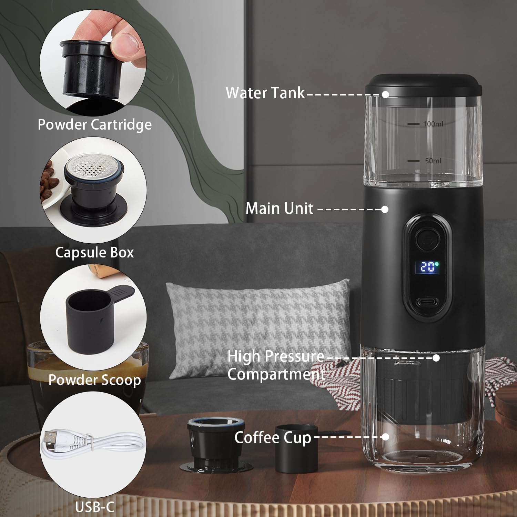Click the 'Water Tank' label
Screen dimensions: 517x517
point(265,93)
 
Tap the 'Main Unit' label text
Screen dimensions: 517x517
point(279,209)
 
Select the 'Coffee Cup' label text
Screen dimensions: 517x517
point(273,438)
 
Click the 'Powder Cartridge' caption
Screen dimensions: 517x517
point(94,124)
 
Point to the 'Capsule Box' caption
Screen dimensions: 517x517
point(94,252)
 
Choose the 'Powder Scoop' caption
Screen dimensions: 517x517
point(94,380)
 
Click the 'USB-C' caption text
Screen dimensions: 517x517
point(94,507)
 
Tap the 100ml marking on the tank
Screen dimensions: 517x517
point(433,124)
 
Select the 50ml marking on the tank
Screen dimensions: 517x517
point(433,161)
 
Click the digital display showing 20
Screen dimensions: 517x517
point(428,267)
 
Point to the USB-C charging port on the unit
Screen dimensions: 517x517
point(428,302)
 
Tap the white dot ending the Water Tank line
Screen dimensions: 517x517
point(386,94)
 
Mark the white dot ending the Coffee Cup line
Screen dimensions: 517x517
point(386,437)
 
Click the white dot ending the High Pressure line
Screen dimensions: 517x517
point(436,358)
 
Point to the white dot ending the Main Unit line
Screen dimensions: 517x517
point(385,209)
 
